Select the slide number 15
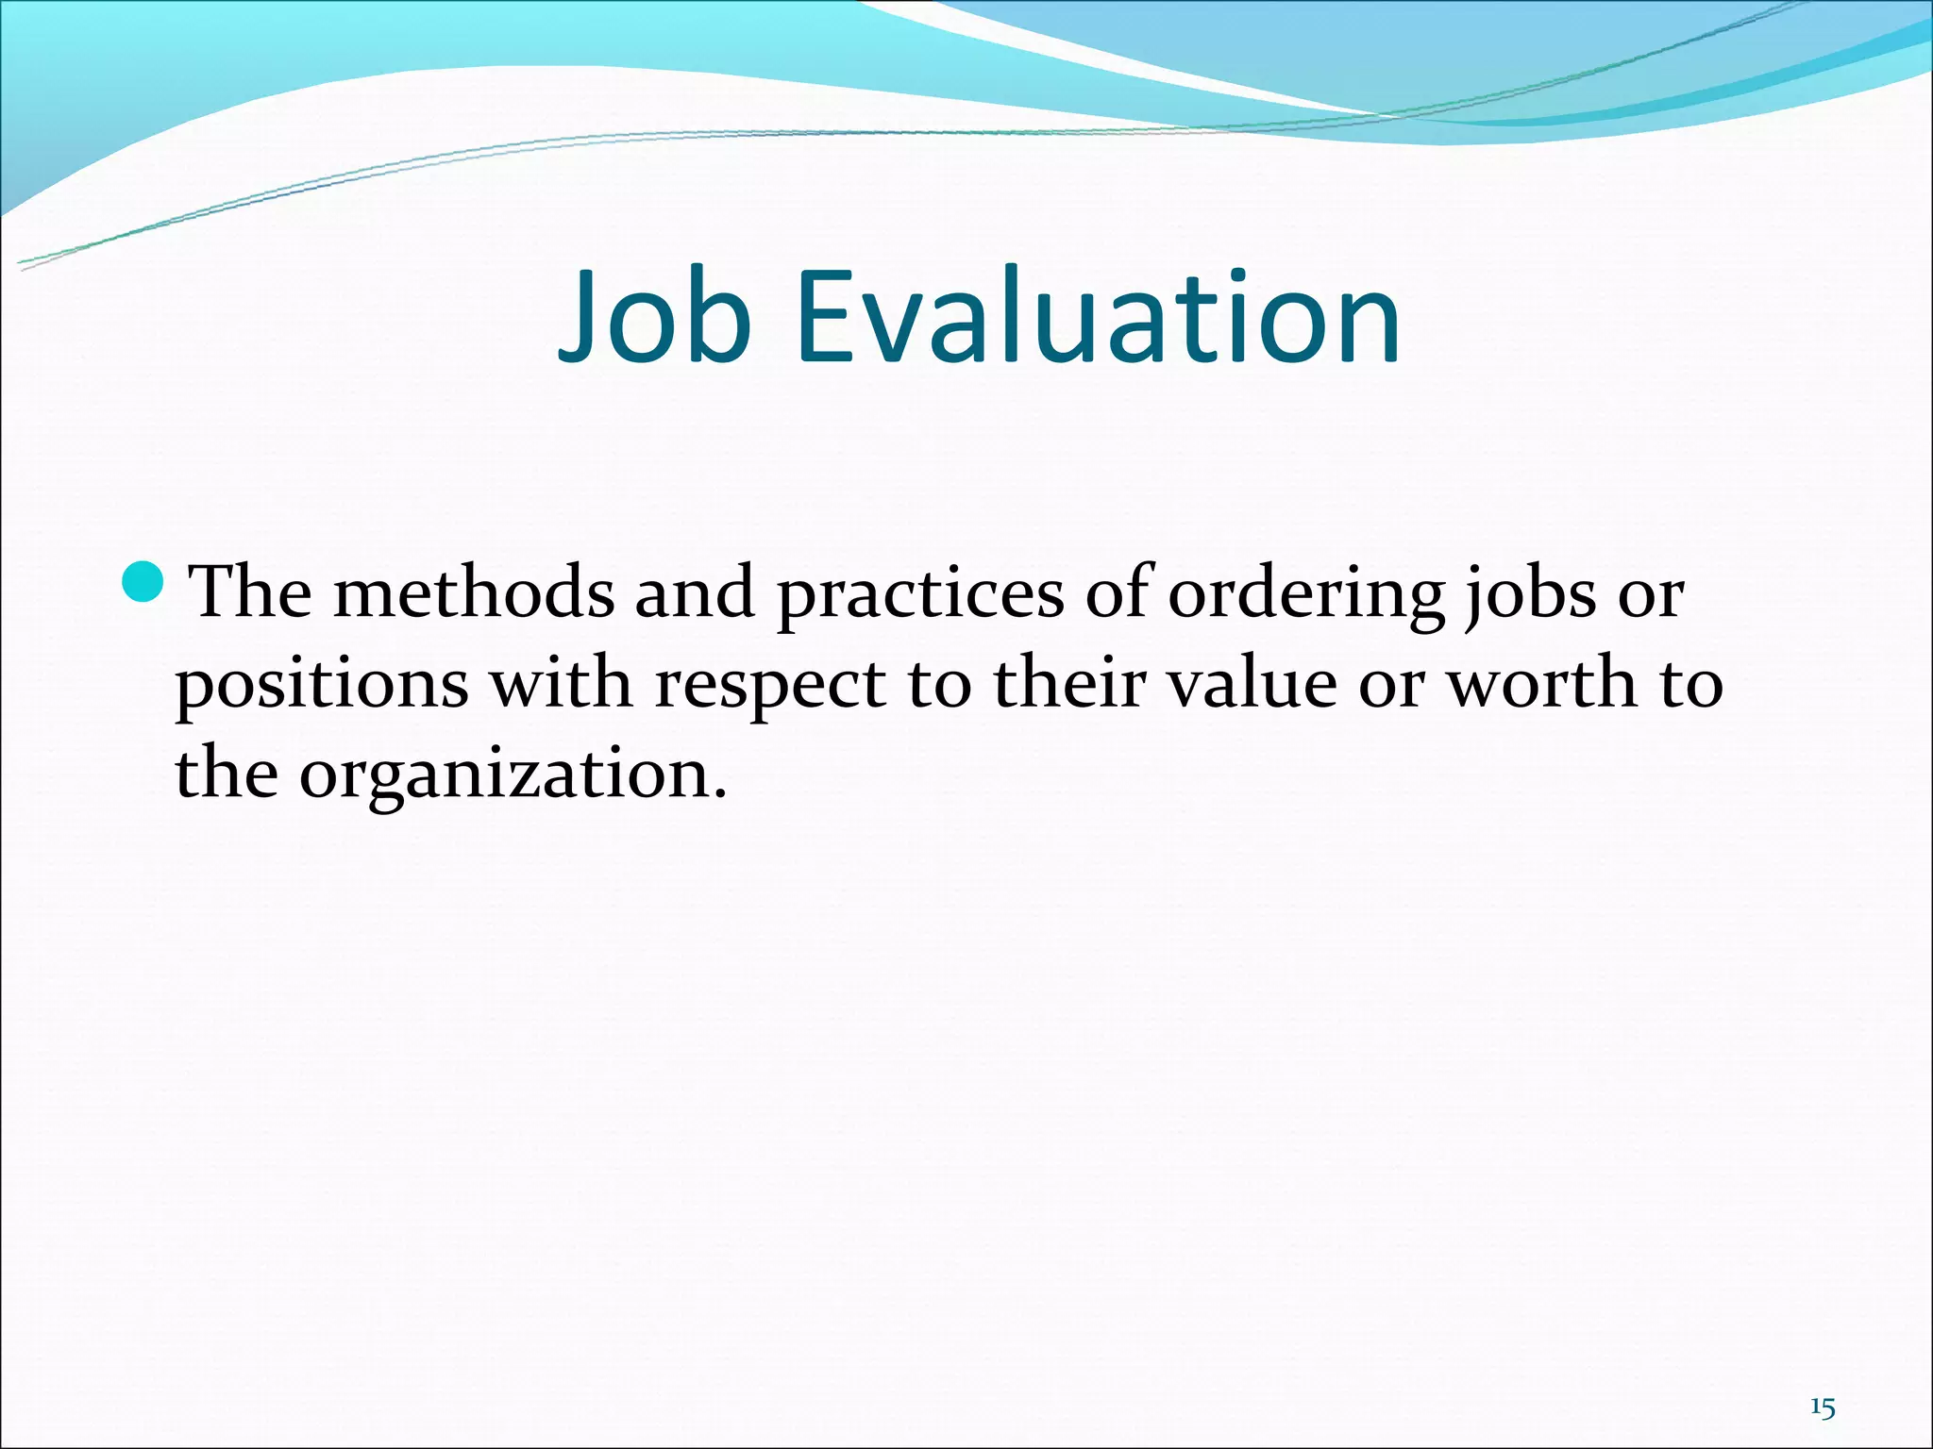pos(1823,1382)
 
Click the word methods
pos(473,593)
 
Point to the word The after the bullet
pos(251,593)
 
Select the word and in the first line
pos(695,593)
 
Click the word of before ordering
pos(1120,593)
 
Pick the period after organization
pos(720,794)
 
